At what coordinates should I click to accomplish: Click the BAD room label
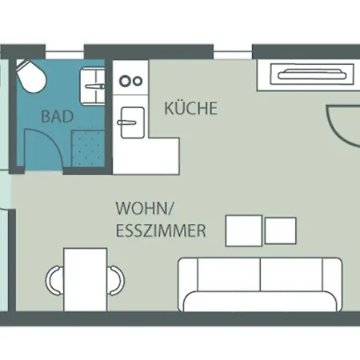click(58, 117)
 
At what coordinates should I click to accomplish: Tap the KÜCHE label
click(190, 108)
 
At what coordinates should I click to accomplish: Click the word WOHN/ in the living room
click(145, 208)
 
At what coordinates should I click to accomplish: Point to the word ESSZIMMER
click(161, 230)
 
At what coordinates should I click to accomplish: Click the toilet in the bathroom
click(31, 76)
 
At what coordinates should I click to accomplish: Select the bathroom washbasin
click(92, 86)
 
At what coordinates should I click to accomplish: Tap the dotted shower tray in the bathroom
click(88, 148)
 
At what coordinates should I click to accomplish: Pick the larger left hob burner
click(125, 81)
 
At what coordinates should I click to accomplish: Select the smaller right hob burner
click(138, 81)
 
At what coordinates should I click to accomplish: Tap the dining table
click(86, 279)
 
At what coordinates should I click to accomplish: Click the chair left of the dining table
click(54, 280)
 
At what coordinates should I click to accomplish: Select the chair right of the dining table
click(116, 280)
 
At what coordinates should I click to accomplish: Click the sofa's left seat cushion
click(229, 274)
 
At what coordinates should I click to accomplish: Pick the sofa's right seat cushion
click(291, 274)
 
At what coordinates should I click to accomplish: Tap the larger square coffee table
click(244, 230)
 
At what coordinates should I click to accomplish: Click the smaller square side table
click(281, 230)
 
